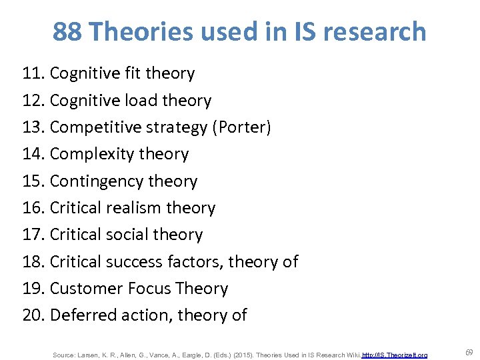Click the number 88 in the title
(67, 31)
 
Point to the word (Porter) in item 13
(241, 127)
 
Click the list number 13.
(33, 127)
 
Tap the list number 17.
(33, 235)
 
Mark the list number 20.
(33, 315)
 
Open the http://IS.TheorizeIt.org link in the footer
(395, 355)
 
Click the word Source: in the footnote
(63, 355)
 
